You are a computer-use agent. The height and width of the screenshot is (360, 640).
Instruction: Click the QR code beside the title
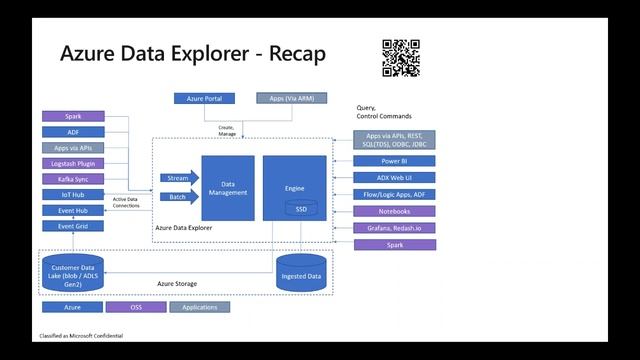tap(400, 58)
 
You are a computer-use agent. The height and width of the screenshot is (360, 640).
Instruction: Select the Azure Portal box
tap(204, 99)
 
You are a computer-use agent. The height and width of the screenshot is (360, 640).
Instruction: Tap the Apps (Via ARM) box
tap(285, 99)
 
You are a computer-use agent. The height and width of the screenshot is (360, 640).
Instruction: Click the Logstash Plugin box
tap(73, 163)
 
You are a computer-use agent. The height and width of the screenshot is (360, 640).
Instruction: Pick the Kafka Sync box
tap(73, 179)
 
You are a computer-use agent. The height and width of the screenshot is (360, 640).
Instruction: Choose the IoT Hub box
tap(73, 195)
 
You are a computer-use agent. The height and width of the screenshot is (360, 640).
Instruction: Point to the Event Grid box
tap(73, 227)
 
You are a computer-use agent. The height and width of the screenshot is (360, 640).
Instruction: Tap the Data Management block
tap(228, 187)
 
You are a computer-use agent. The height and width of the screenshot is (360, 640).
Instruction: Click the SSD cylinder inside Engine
tap(301, 209)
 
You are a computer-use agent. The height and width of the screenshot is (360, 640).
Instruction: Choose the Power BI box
tap(394, 161)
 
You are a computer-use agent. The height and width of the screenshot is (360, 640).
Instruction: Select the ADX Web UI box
tap(394, 178)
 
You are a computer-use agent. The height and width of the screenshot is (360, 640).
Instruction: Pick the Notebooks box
tap(394, 211)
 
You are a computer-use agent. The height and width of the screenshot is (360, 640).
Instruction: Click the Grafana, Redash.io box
tap(394, 228)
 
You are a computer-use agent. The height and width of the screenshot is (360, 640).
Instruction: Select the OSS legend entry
tap(136, 307)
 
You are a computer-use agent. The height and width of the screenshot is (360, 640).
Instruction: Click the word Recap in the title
tap(292, 54)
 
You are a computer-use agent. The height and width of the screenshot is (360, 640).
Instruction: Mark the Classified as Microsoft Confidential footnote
tap(81, 337)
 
